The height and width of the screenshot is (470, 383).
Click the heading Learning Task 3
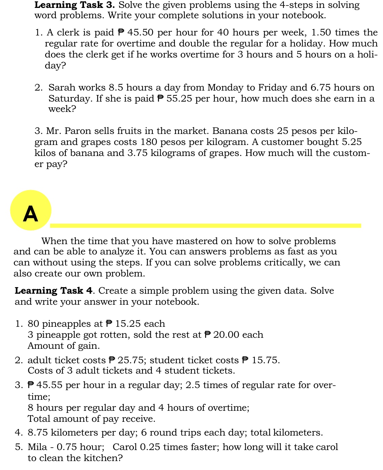click(74, 5)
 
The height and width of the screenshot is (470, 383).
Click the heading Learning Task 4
click(54, 291)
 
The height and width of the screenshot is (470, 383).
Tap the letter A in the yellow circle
click(30, 214)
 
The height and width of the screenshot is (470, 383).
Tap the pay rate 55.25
click(179, 99)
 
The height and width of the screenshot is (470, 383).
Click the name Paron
click(78, 131)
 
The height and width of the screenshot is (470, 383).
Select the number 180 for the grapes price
click(149, 142)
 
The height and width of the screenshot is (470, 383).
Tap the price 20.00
click(226, 335)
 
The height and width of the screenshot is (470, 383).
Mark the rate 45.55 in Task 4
click(49, 385)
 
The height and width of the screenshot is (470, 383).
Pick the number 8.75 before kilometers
click(38, 432)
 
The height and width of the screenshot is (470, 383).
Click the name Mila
click(37, 447)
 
